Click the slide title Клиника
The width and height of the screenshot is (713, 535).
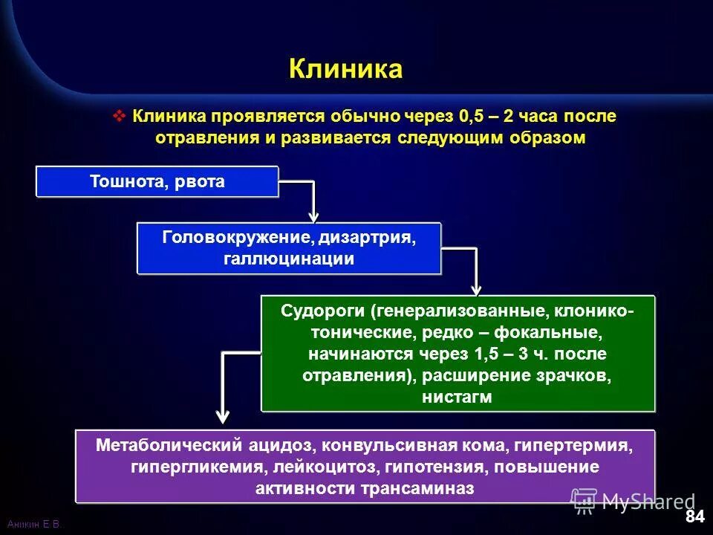[x=345, y=69]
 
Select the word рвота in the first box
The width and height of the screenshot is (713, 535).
[x=200, y=182]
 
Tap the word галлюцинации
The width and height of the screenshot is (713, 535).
[x=289, y=259]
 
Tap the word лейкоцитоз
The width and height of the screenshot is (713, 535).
[x=331, y=467]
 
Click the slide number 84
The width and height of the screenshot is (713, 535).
[x=694, y=516]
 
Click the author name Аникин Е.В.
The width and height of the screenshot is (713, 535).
[x=33, y=525]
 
